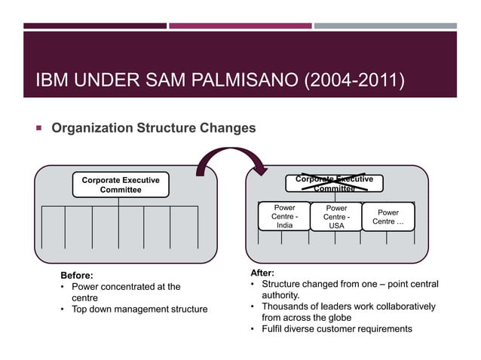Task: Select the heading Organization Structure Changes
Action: (153, 128)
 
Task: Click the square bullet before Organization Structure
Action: (35, 128)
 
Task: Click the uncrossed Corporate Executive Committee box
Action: (121, 185)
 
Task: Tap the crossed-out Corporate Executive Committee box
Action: (334, 185)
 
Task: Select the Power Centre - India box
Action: (284, 216)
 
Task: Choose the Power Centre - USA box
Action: (336, 217)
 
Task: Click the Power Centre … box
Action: (388, 217)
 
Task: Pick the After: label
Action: (262, 273)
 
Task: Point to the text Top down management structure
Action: (139, 309)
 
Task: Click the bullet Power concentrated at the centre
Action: (124, 292)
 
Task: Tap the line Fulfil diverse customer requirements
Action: (336, 328)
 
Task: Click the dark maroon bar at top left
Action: (94, 26)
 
